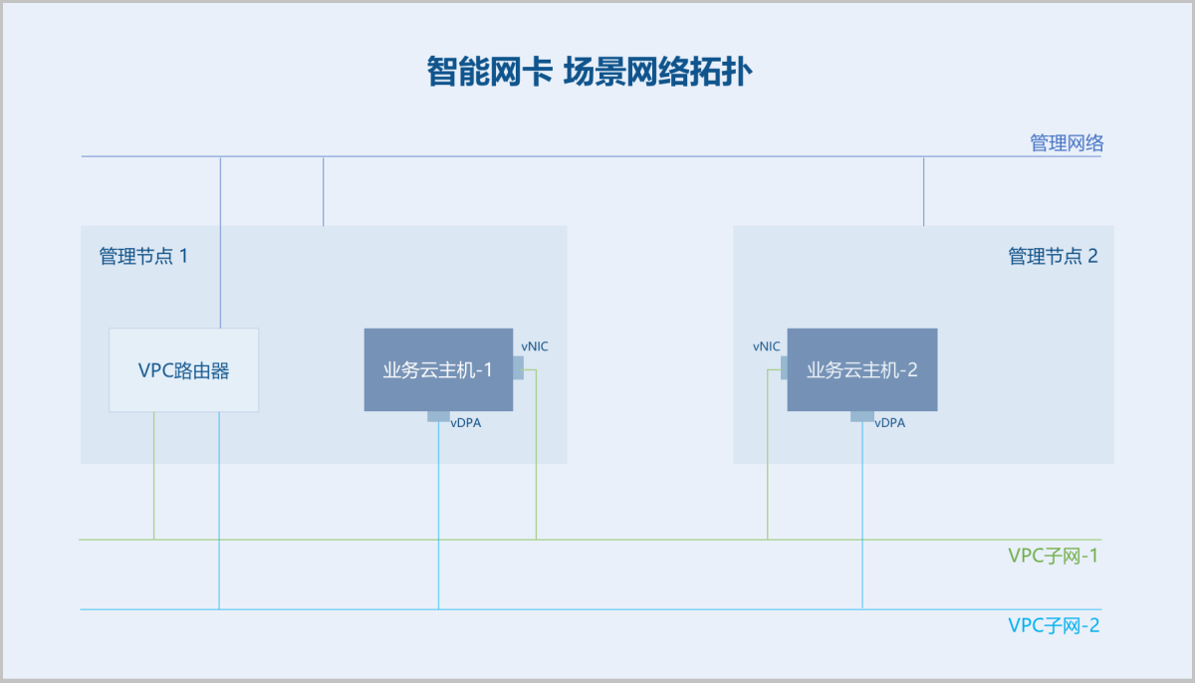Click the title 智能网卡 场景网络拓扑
tap(590, 72)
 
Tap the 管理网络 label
tap(1067, 143)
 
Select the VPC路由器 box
tap(184, 370)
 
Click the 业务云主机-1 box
tap(438, 370)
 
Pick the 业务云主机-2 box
tap(862, 370)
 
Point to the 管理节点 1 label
tap(143, 256)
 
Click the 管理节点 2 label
tap(1053, 256)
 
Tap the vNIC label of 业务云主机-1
tap(535, 346)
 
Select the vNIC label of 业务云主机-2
tap(767, 346)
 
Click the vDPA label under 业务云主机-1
tap(466, 423)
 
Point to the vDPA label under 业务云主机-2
tap(890, 423)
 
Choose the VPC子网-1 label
tap(1054, 556)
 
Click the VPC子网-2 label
tap(1054, 625)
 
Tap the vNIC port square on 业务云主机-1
tap(518, 368)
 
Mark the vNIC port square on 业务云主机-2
tap(785, 368)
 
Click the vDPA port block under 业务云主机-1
tap(438, 416)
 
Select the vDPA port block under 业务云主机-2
tap(862, 416)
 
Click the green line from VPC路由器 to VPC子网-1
tap(154, 476)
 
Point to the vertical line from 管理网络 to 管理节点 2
tap(924, 191)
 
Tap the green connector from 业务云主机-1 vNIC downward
tap(536, 454)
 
